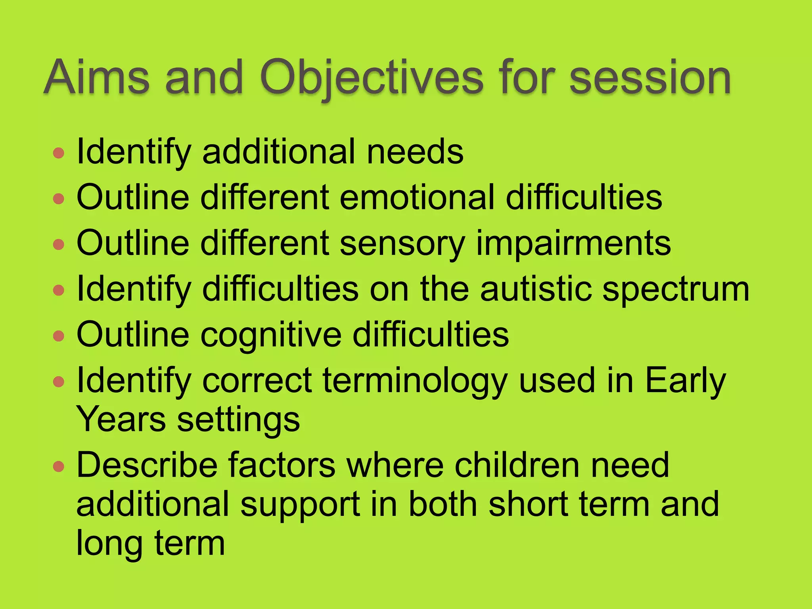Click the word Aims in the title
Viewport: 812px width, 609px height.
(96, 77)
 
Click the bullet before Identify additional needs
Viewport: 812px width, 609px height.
(59, 153)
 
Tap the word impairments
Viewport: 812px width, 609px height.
(573, 243)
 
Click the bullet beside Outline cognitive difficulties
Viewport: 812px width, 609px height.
(59, 336)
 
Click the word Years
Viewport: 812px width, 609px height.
(121, 419)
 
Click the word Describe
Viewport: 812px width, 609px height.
(147, 465)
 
